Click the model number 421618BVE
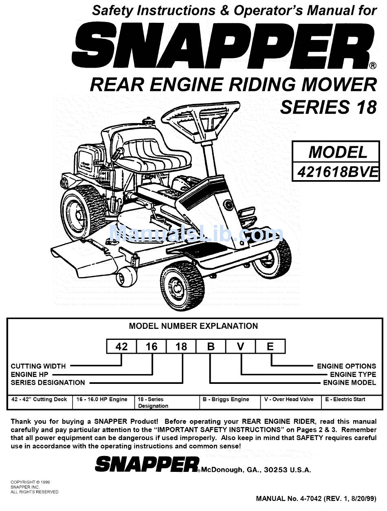[x=338, y=172]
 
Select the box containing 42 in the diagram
[x=121, y=347]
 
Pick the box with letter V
[x=241, y=347]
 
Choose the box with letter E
[x=270, y=347]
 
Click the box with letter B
[x=211, y=347]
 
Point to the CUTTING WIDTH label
[x=38, y=366]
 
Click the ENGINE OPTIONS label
[x=346, y=366]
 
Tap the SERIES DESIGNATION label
[x=48, y=383]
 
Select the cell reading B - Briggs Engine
[x=226, y=399]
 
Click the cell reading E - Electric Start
[x=345, y=399]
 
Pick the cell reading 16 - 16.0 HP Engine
[x=102, y=399]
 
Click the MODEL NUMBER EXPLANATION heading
[x=193, y=326]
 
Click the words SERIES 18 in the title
[x=328, y=107]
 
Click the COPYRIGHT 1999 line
[x=31, y=482]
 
